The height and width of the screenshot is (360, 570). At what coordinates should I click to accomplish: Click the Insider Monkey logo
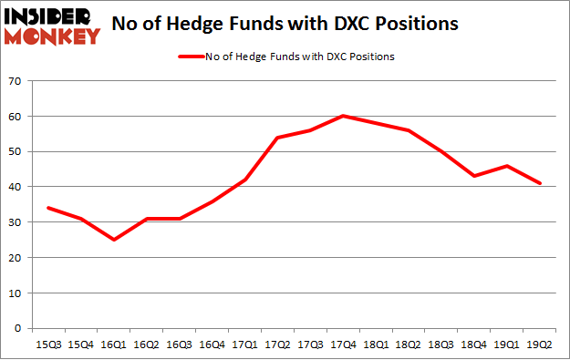(x=52, y=25)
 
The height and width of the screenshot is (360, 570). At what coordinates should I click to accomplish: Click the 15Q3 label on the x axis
(x=47, y=345)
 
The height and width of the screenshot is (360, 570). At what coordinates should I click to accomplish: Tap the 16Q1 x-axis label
(x=112, y=345)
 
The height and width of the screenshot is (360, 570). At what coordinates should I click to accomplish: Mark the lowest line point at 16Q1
(x=113, y=240)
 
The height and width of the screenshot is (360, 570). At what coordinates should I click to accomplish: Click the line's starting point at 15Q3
(x=47, y=208)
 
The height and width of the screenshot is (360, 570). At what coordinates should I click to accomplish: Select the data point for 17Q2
(x=276, y=138)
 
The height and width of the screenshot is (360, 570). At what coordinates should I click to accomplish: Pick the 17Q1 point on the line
(x=244, y=180)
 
